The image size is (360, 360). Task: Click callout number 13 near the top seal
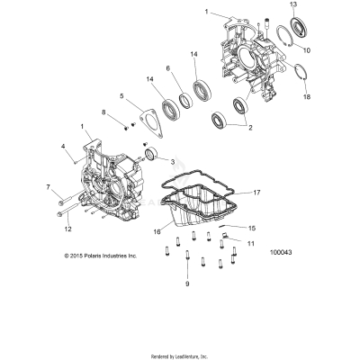[292, 5]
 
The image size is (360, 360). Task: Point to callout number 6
[167, 68]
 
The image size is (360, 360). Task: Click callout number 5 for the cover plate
[121, 95]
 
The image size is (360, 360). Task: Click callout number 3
[173, 161]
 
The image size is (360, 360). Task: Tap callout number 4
[63, 146]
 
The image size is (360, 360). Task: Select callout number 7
[48, 186]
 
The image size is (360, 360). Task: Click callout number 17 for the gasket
[256, 192]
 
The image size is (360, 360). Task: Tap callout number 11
[251, 243]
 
